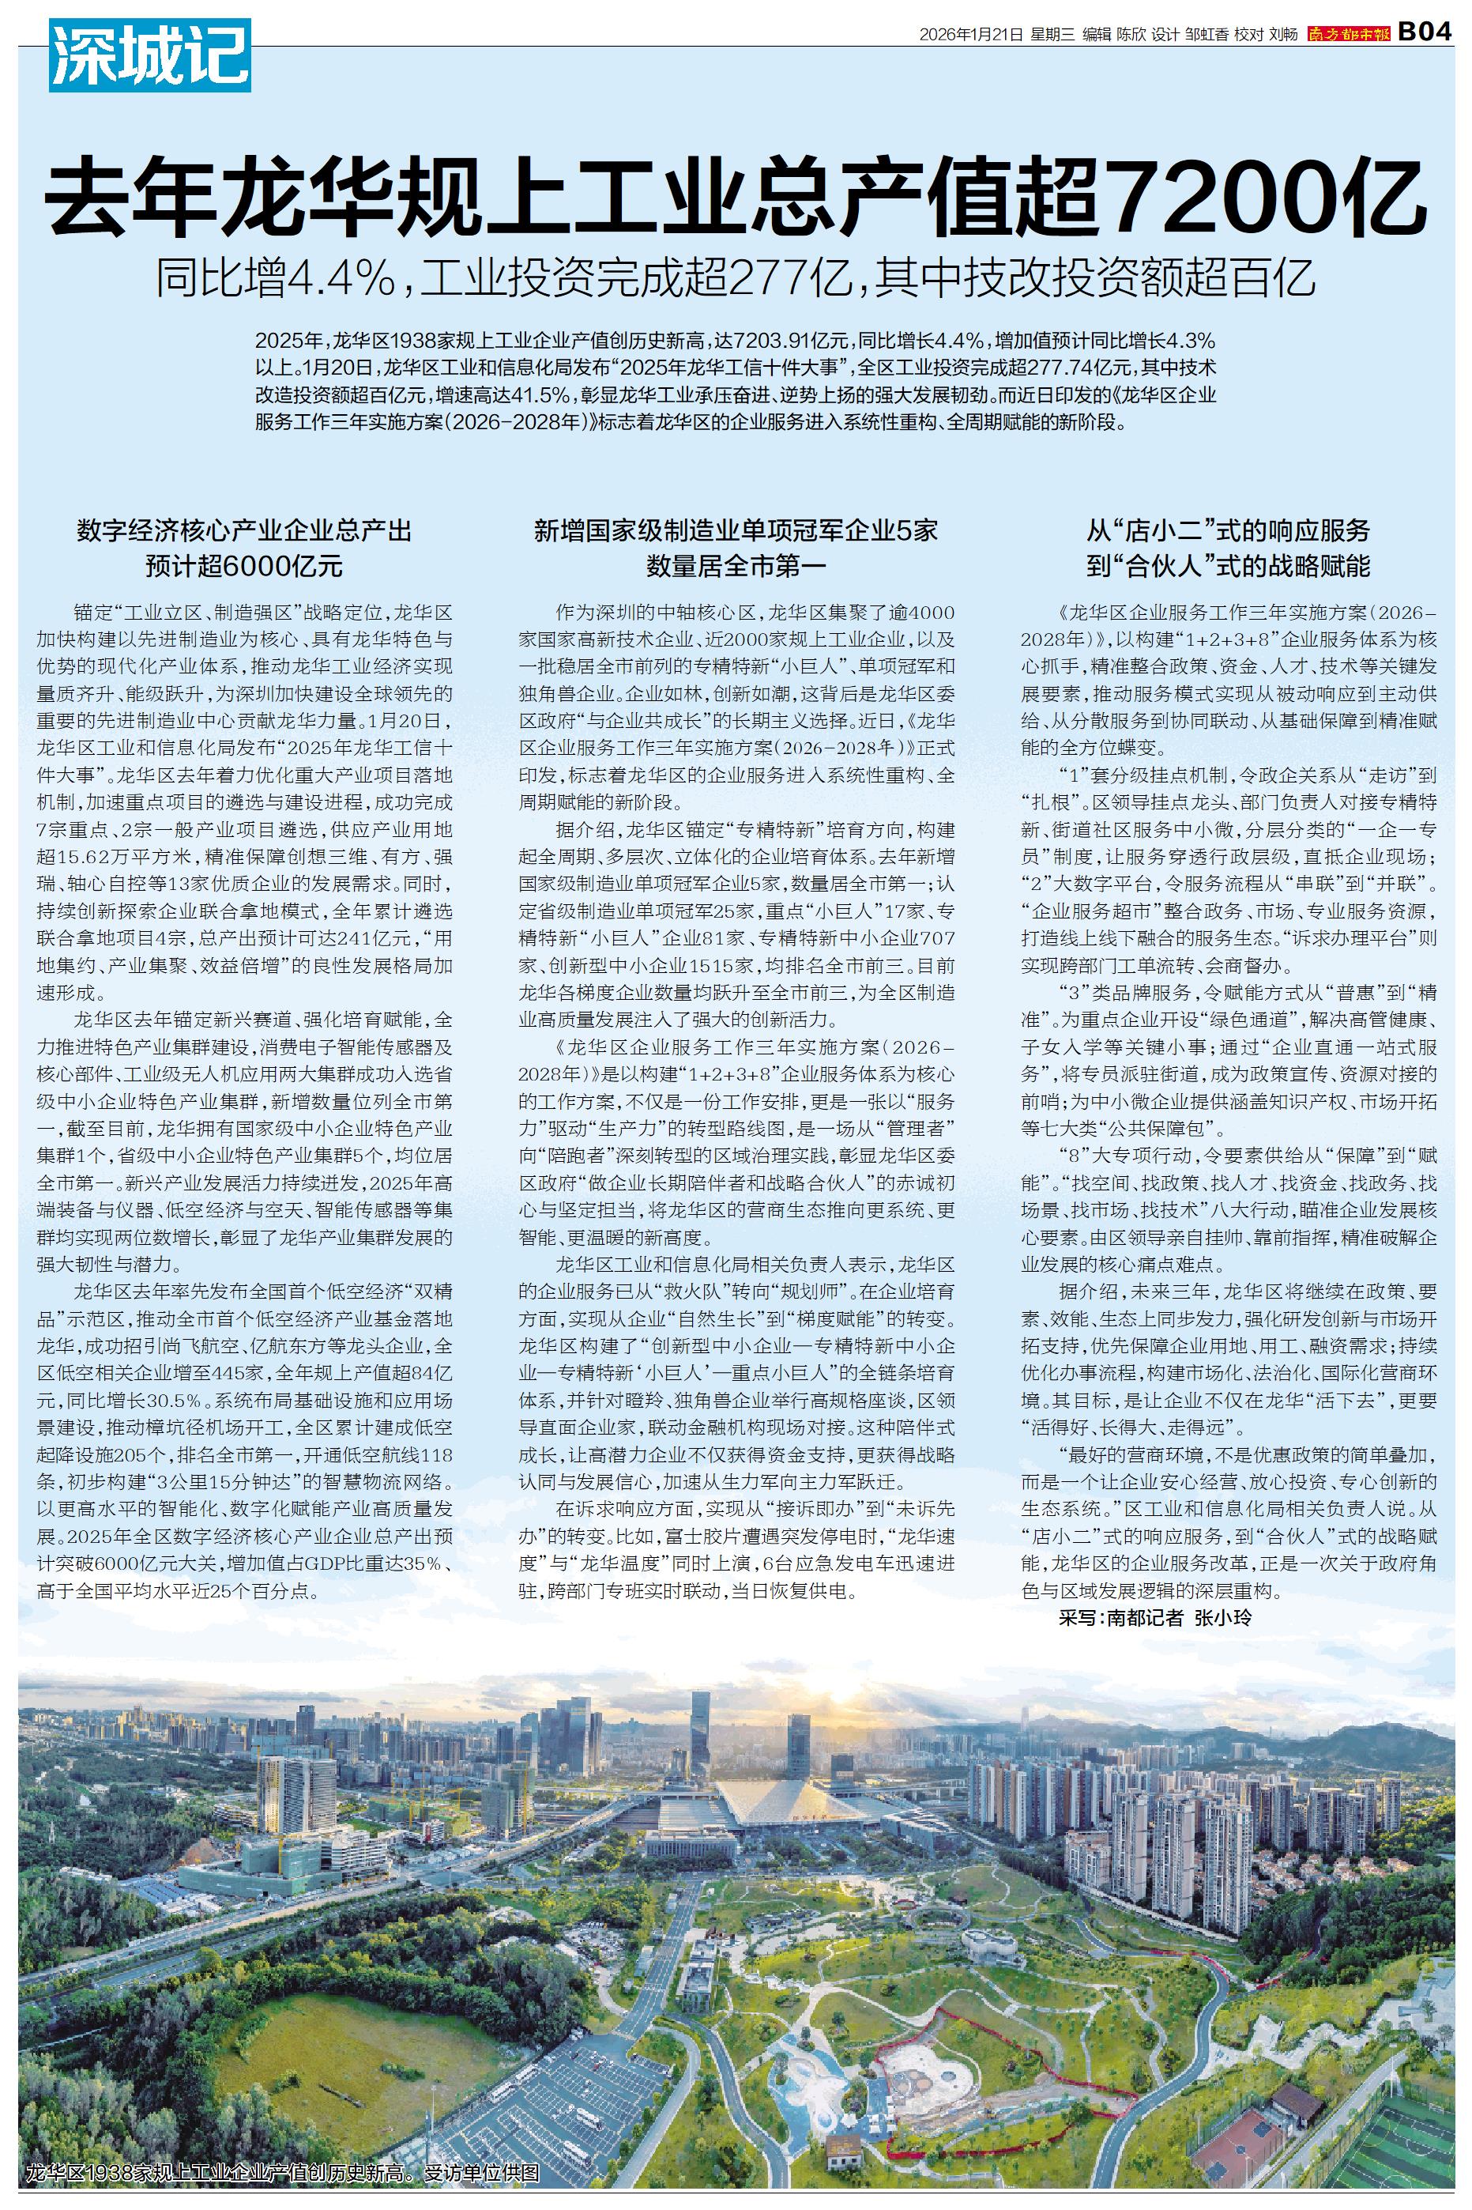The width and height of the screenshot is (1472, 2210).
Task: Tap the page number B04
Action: pyautogui.click(x=1426, y=33)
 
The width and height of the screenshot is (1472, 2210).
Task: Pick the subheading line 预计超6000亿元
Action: pyautogui.click(x=244, y=566)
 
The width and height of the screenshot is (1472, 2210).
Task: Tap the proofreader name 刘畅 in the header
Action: pyautogui.click(x=1283, y=35)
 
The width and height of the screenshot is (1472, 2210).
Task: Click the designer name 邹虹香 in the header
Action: pyautogui.click(x=1207, y=35)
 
